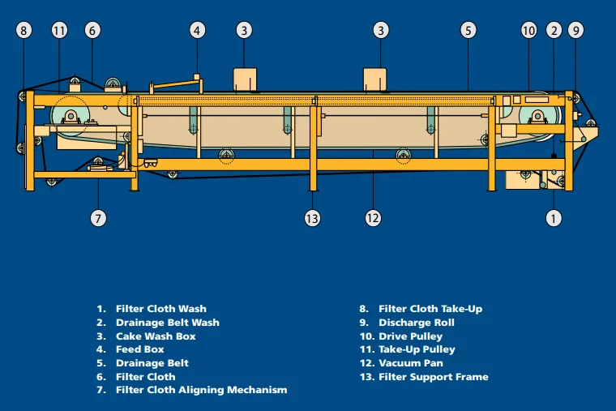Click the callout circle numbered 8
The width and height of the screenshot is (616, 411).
(x=24, y=31)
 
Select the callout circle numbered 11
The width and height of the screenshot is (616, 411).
(x=59, y=31)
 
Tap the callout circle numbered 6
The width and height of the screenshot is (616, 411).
(x=92, y=31)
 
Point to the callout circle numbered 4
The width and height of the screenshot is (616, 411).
(x=198, y=31)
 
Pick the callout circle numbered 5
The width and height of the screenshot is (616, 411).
(x=468, y=31)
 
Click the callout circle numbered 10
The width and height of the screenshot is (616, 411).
(x=528, y=31)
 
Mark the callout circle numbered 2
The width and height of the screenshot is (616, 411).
(x=554, y=31)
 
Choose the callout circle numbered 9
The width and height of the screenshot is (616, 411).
(x=575, y=31)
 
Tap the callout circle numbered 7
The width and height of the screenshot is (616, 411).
(x=99, y=218)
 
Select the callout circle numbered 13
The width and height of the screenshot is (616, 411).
(x=313, y=218)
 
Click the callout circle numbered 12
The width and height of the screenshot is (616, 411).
(x=373, y=218)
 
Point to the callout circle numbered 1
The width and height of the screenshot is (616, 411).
(x=554, y=218)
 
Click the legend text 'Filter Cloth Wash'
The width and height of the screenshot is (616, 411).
(x=160, y=309)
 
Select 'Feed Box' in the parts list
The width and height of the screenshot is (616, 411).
(x=139, y=349)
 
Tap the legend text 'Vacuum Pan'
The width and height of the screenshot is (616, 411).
(x=410, y=363)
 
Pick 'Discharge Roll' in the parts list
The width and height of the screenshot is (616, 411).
(x=416, y=323)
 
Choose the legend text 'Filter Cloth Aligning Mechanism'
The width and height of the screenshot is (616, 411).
(x=201, y=390)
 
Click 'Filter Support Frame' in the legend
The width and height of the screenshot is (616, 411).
(x=433, y=377)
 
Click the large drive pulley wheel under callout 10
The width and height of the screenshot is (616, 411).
(x=537, y=118)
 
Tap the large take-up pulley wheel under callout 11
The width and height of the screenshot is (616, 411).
(x=71, y=118)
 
